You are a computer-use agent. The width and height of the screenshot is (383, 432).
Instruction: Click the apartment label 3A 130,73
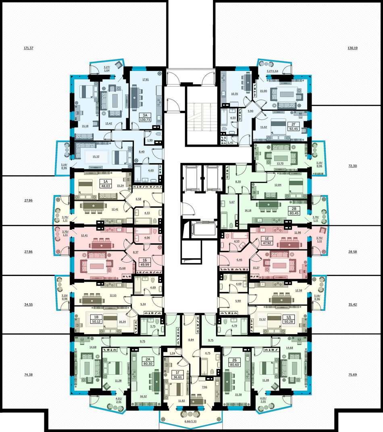[x=145, y=117]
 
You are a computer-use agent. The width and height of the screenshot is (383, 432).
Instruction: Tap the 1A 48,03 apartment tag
[x=105, y=183]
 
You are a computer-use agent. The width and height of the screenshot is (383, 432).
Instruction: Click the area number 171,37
[x=28, y=48]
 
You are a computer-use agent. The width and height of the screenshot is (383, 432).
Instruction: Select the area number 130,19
[x=352, y=48]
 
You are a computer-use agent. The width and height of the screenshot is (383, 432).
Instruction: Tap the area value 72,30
[x=352, y=166]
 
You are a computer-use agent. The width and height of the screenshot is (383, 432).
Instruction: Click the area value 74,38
[x=28, y=375]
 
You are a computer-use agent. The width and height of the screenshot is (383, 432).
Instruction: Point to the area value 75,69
[x=352, y=375]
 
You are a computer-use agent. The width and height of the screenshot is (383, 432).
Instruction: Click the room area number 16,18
[x=248, y=210]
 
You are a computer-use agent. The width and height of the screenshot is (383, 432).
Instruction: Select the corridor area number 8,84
[x=191, y=340]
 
